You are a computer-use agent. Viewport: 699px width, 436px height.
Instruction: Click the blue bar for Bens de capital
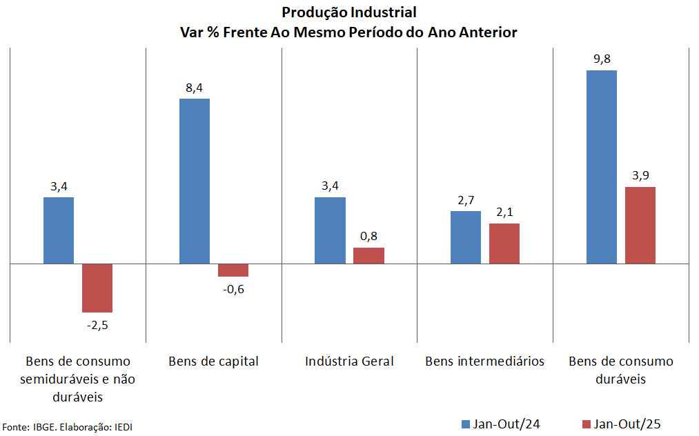click(195, 181)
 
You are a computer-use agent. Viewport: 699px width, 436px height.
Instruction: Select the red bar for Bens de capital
click(233, 270)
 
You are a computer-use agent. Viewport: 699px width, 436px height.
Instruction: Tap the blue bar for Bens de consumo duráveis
click(602, 167)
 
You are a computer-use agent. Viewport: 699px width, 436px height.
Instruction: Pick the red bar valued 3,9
click(640, 225)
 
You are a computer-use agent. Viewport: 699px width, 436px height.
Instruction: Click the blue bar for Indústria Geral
click(330, 230)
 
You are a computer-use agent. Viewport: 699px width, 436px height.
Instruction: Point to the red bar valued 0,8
click(368, 255)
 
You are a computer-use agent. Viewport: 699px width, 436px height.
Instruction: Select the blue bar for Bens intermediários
click(466, 237)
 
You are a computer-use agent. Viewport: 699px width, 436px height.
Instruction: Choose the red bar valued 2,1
click(504, 244)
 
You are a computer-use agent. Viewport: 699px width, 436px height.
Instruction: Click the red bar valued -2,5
click(97, 288)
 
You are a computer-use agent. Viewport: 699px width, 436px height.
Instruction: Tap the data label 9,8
click(602, 59)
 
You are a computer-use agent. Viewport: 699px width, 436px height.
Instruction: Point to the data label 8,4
click(195, 87)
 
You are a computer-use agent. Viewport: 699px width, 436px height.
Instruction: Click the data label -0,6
click(233, 289)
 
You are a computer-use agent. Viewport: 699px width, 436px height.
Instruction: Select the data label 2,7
click(466, 200)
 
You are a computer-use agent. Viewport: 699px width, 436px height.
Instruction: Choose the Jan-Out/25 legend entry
click(620, 424)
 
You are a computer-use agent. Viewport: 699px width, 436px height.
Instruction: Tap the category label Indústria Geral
click(349, 361)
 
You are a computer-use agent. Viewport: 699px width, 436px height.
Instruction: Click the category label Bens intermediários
click(485, 361)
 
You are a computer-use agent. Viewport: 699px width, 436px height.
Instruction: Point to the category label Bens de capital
click(213, 361)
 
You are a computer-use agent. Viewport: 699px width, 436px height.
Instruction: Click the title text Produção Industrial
click(349, 12)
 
